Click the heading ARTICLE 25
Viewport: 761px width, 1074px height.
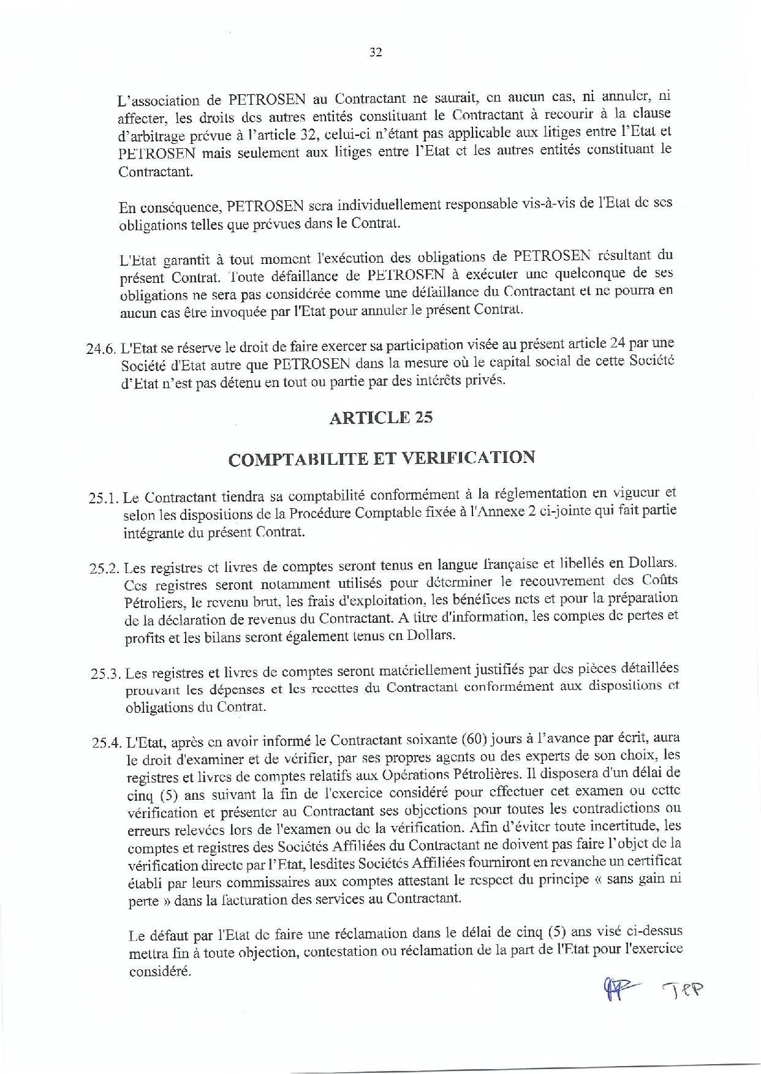(380, 418)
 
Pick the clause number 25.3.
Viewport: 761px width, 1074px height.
(107, 674)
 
